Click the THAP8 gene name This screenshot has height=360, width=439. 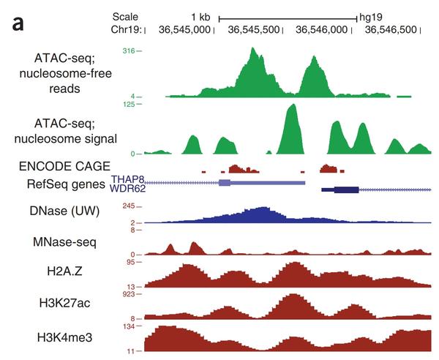click(x=124, y=179)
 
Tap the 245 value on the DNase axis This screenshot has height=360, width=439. click(x=130, y=206)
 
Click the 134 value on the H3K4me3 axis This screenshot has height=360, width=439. click(x=128, y=326)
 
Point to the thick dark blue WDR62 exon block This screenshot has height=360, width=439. click(x=345, y=190)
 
